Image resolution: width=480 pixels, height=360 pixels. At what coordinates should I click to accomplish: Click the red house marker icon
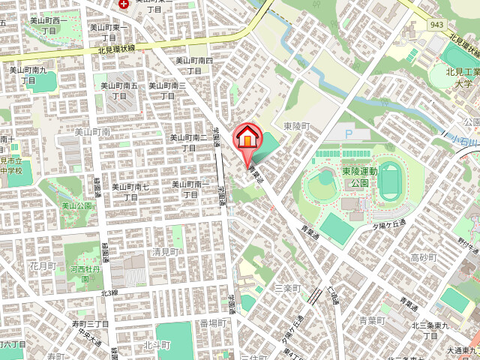[247, 138]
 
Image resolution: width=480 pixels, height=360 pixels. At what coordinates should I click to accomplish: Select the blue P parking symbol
[347, 134]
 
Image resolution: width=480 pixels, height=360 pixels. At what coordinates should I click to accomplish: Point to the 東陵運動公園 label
[355, 177]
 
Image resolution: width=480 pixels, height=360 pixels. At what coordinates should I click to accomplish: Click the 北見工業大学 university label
[463, 78]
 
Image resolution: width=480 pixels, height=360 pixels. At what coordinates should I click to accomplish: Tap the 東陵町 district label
[296, 125]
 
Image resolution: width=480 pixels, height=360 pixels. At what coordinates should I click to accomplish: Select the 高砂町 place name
[424, 257]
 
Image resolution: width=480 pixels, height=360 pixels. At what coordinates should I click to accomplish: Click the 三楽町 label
[286, 288]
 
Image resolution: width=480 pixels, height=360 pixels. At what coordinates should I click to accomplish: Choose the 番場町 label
[213, 323]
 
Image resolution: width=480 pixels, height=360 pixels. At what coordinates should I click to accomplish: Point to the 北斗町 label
[157, 345]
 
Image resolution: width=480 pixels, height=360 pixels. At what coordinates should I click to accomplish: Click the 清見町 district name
[166, 251]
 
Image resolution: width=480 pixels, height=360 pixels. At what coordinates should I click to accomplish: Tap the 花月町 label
[43, 265]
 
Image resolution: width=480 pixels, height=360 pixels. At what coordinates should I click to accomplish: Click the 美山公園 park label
[76, 205]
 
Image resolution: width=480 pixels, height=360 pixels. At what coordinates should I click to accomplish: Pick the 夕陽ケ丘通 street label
[388, 224]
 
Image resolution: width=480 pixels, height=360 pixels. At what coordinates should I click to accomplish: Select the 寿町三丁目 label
[90, 323]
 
